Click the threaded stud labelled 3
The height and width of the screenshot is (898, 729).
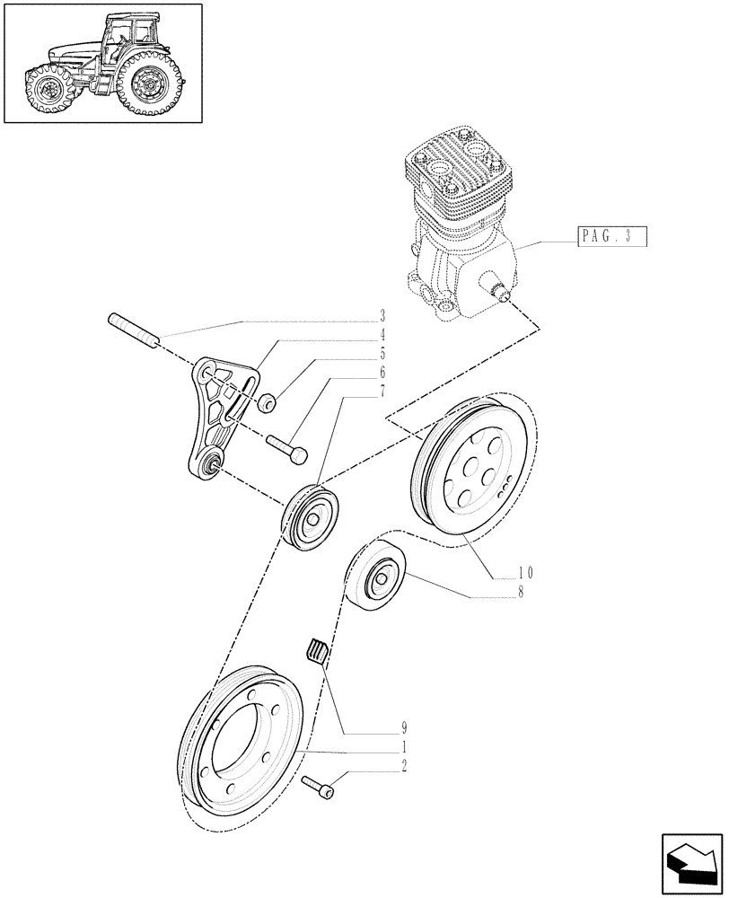134,329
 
